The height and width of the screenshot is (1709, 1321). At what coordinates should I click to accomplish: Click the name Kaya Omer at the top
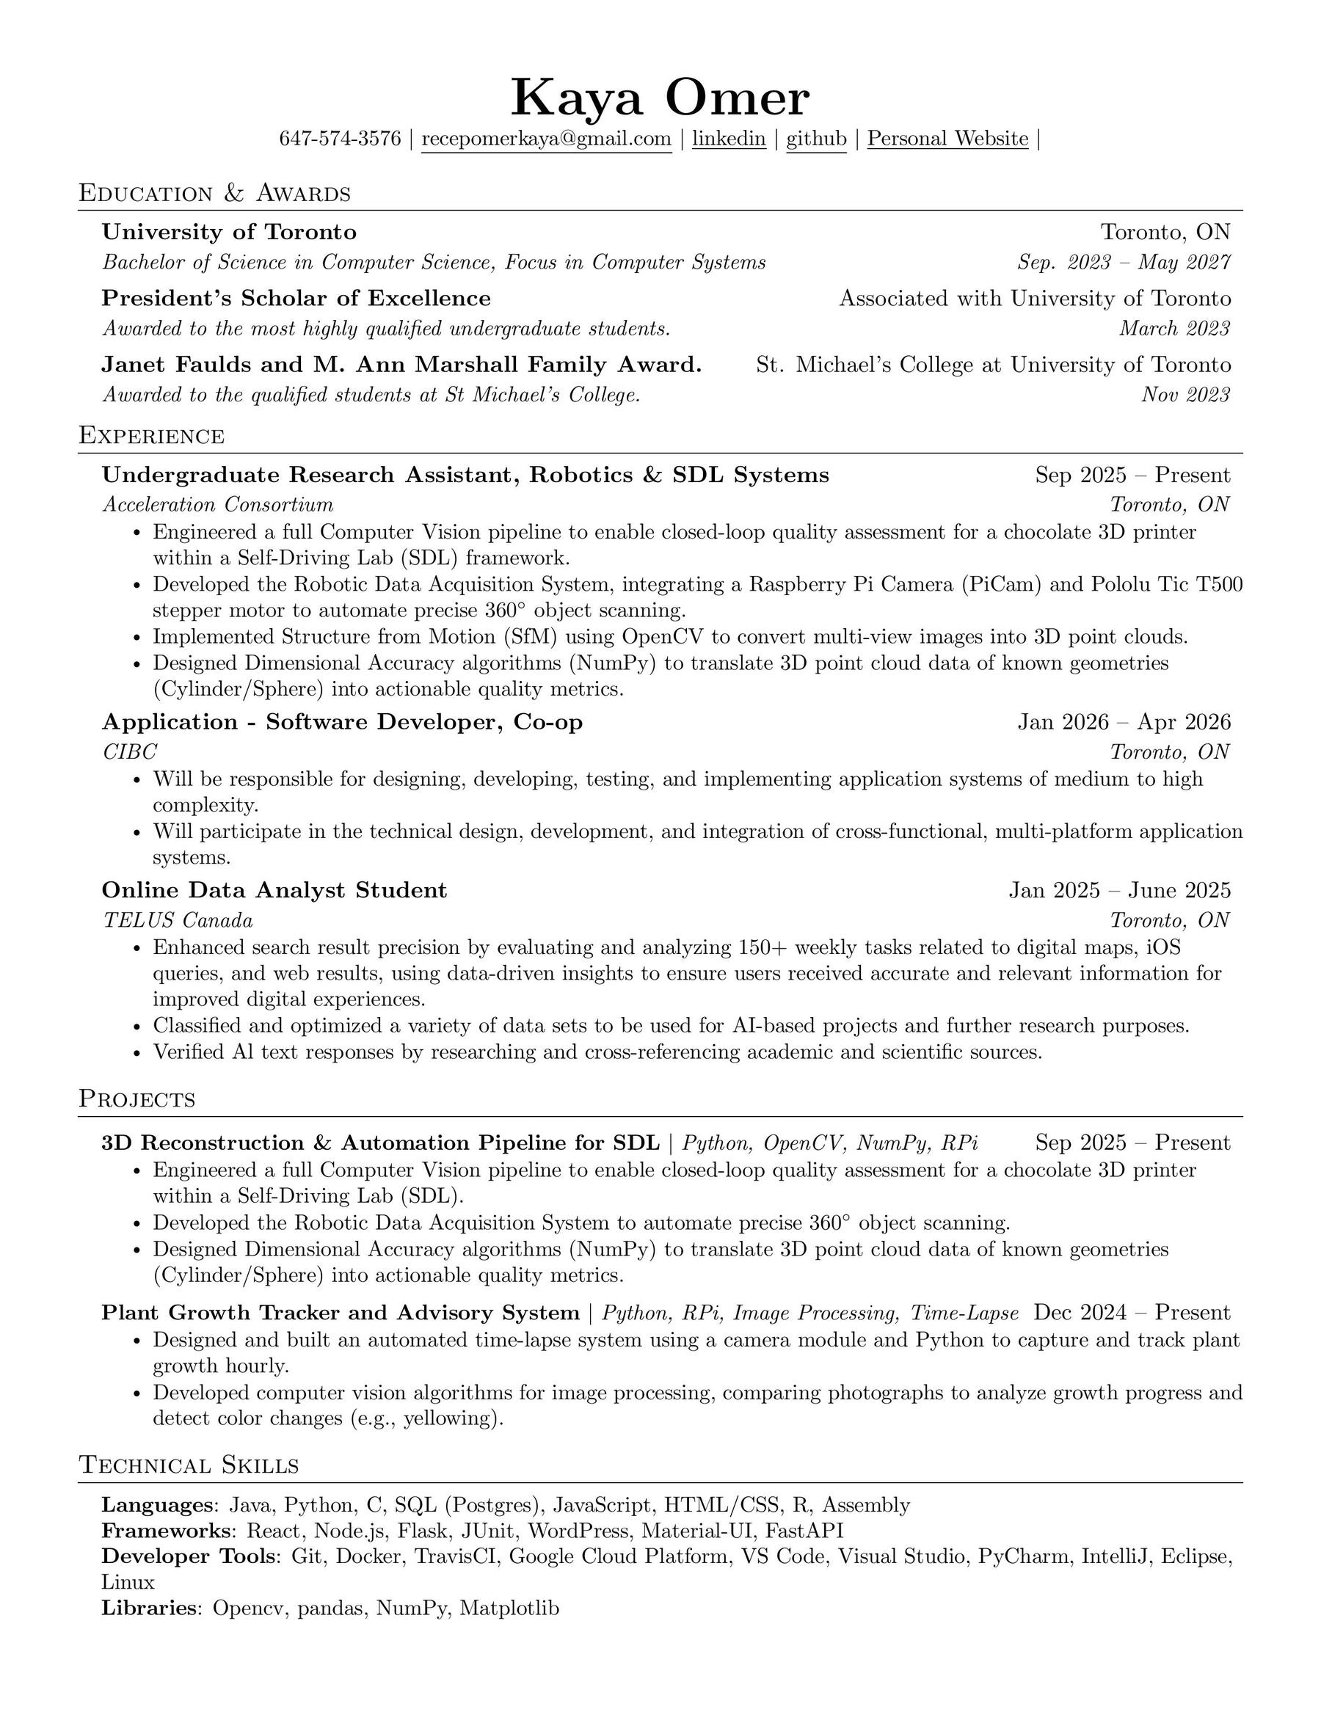click(x=660, y=98)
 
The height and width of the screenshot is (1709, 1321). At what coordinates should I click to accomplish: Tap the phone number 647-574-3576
click(x=340, y=139)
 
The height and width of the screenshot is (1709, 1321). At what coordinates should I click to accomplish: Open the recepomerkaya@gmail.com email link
click(x=546, y=139)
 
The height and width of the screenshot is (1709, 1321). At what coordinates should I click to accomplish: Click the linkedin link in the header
click(x=729, y=139)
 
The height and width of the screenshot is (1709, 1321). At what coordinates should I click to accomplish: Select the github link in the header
click(x=816, y=139)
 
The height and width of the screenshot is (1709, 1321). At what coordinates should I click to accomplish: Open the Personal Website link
click(x=947, y=139)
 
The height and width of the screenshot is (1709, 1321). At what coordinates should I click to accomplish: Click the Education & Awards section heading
click(x=214, y=193)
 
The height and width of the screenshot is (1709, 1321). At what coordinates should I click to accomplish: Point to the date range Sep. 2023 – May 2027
click(x=1124, y=262)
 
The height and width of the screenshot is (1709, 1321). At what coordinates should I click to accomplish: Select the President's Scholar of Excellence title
click(x=296, y=298)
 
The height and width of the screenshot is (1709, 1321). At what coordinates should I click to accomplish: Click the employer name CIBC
click(x=130, y=751)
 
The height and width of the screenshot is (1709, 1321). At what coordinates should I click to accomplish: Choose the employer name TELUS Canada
click(x=178, y=920)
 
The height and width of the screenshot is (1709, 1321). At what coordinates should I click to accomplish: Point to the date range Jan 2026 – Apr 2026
click(x=1124, y=721)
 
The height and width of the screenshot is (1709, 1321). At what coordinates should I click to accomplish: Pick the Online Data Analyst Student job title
click(x=274, y=891)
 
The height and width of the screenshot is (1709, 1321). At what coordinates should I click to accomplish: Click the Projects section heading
click(x=137, y=1099)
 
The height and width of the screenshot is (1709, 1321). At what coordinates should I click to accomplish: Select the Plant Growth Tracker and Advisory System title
click(x=341, y=1313)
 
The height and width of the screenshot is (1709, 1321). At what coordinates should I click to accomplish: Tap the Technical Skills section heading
click(x=189, y=1465)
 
